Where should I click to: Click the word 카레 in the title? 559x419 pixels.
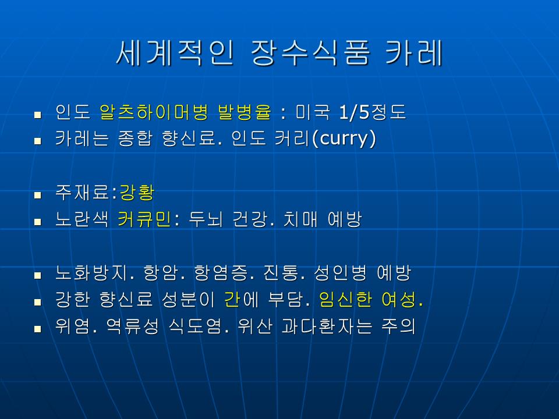(x=414, y=53)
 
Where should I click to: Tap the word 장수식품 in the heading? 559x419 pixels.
(x=310, y=53)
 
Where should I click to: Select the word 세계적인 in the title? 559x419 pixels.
(x=175, y=53)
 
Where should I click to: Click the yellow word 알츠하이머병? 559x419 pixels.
(x=154, y=112)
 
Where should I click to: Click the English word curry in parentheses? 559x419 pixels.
(x=344, y=139)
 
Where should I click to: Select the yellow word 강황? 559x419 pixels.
(x=137, y=193)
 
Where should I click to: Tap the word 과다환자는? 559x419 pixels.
(x=327, y=326)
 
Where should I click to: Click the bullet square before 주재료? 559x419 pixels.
(x=38, y=196)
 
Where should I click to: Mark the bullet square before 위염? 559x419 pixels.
(x=38, y=329)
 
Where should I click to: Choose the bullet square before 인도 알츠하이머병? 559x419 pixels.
(x=38, y=115)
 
